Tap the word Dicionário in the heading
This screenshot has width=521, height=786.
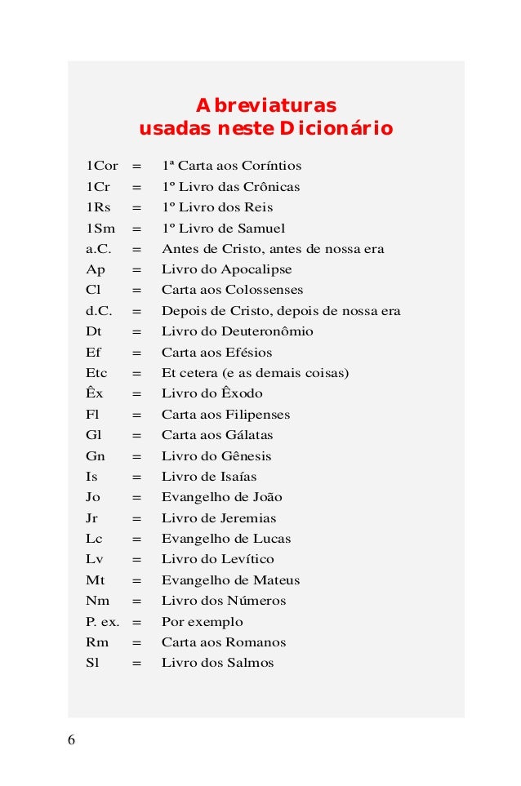[336, 130]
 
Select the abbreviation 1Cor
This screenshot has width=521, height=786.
[102, 166]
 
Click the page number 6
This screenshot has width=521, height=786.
[71, 740]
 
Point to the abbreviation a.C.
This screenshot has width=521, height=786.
[99, 249]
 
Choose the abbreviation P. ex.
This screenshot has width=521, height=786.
[103, 621]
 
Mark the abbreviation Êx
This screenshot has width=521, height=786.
[95, 393]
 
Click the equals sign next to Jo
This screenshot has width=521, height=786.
[136, 497]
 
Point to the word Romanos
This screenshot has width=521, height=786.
[256, 642]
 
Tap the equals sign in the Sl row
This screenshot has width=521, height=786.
[136, 663]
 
